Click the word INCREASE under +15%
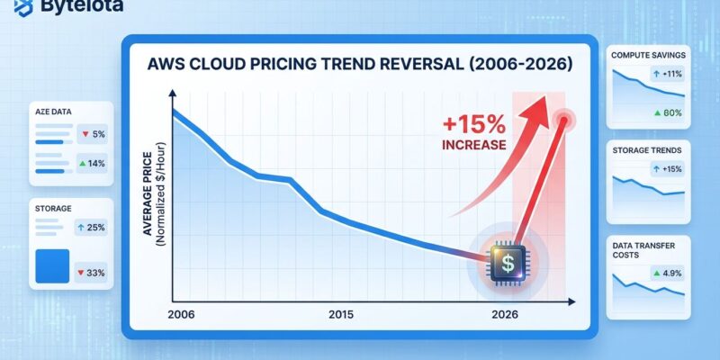[473, 144]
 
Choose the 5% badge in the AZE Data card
[94, 134]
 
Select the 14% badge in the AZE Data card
[93, 163]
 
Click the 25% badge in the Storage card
[93, 228]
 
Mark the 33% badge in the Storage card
[93, 272]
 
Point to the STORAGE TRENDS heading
[646, 149]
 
